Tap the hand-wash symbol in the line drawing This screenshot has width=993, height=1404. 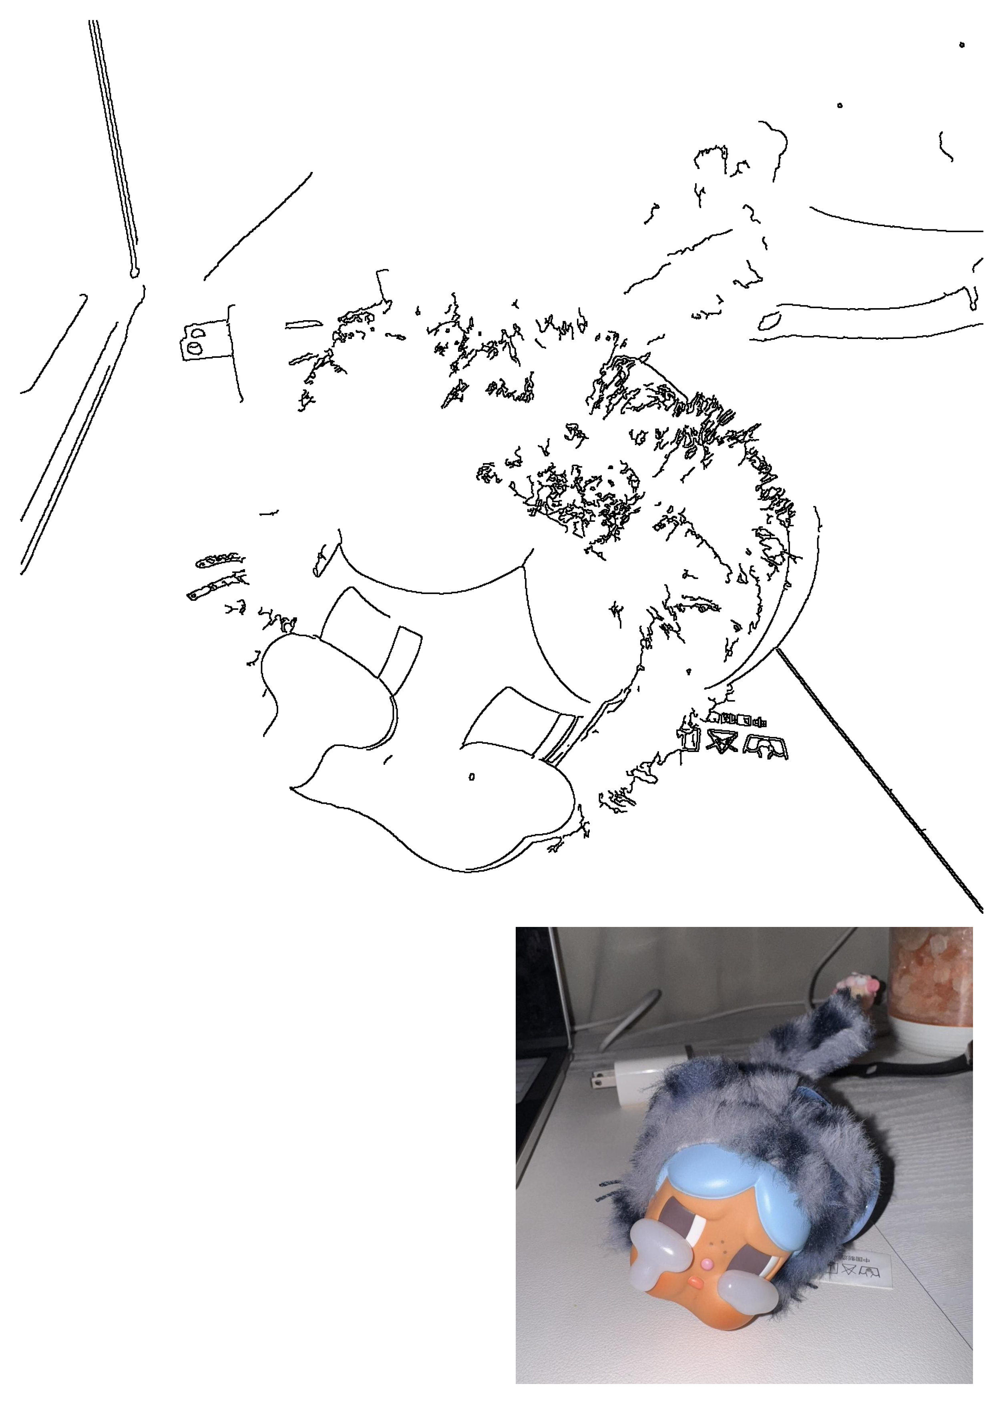764,747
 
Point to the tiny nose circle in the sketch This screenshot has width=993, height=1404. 471,777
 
